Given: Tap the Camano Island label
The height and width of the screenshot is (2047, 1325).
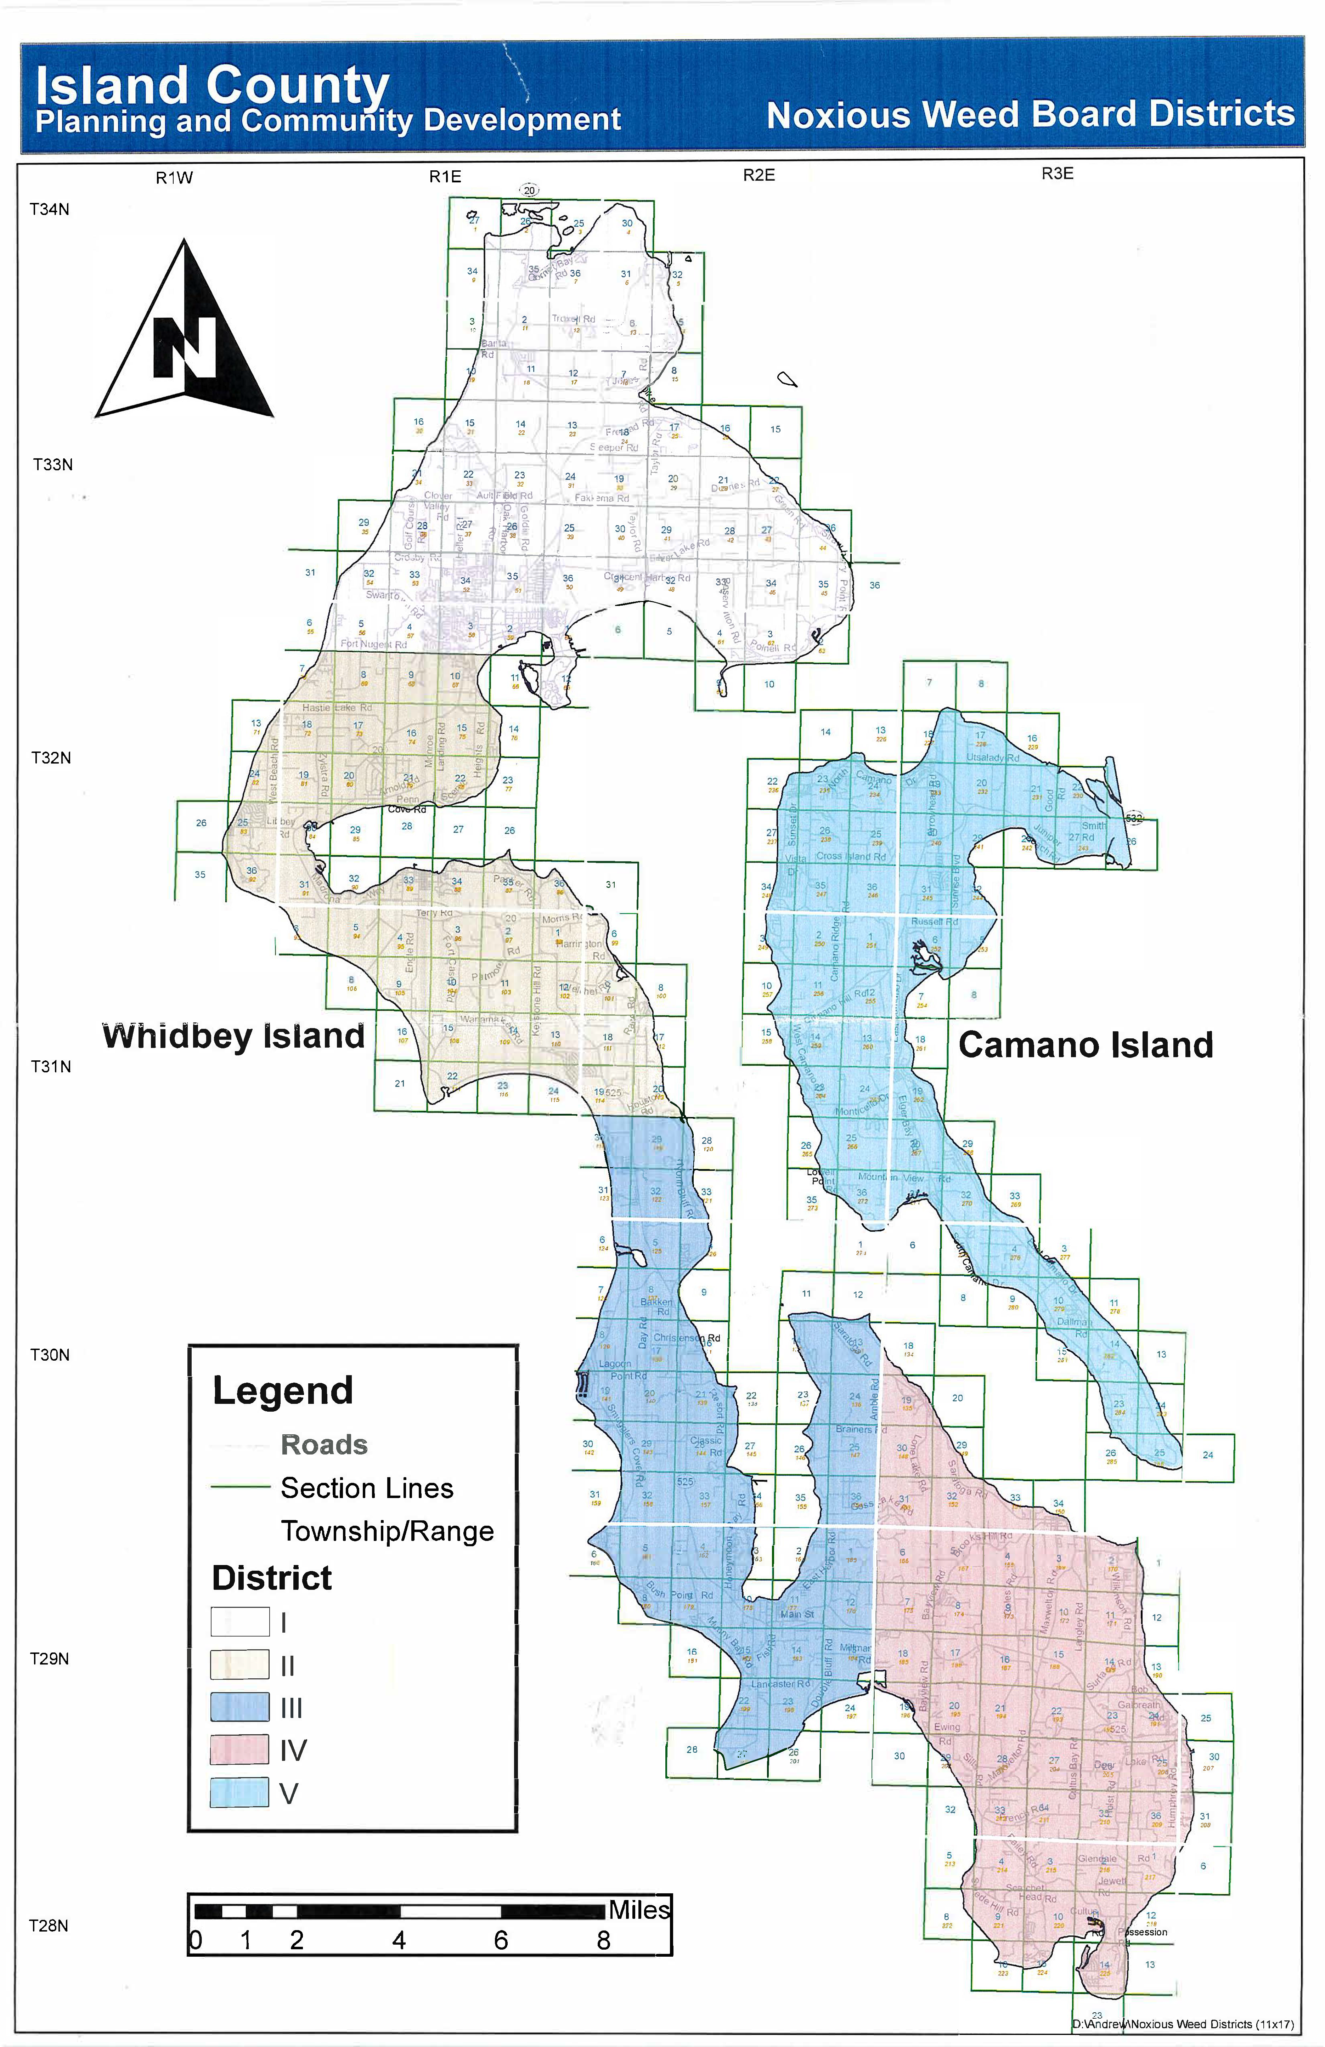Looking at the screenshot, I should coord(1086,1045).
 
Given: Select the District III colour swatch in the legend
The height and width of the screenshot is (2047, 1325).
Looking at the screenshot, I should coord(240,1707).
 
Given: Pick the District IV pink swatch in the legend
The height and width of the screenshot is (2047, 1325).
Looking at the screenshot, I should coord(240,1750).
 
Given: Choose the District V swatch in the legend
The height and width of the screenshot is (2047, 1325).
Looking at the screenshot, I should coord(240,1793).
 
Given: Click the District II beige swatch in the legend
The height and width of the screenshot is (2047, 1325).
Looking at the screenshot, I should coord(240,1665).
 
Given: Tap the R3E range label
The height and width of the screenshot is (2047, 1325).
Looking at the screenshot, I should coord(1058,174).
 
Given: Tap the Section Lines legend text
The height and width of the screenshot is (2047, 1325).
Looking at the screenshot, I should coord(367,1489).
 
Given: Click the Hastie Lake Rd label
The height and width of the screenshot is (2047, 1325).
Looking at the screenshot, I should coord(337,708).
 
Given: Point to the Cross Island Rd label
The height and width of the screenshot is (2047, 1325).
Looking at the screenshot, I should coord(850,857).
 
